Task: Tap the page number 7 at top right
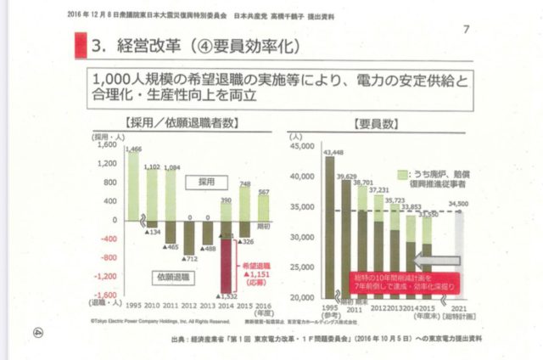467,30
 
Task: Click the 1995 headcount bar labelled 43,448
329,226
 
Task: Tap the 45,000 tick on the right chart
303,147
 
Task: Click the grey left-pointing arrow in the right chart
436,260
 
